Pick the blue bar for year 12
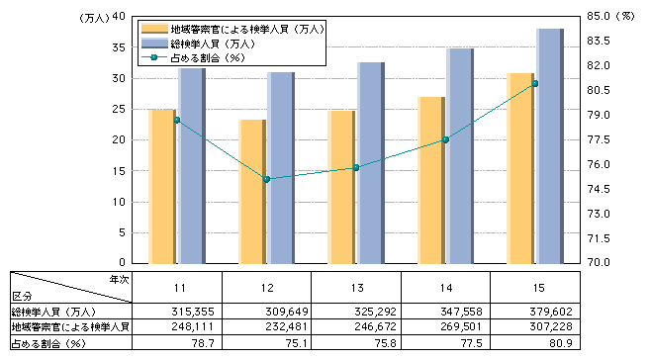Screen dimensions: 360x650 point(281,167)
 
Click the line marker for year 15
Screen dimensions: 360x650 point(534,83)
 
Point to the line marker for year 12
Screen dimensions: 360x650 point(266,179)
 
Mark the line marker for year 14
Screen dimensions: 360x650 point(445,139)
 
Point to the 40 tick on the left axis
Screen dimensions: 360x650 point(118,17)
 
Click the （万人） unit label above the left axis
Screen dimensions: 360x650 point(91,17)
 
